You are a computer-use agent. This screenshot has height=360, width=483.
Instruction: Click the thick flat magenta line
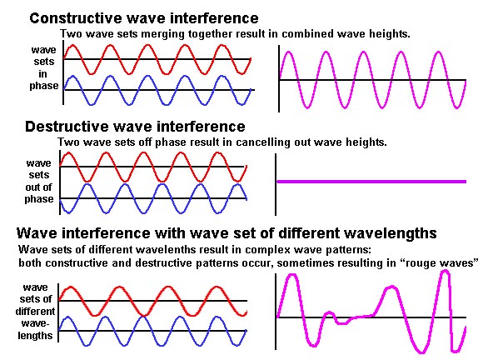(371, 182)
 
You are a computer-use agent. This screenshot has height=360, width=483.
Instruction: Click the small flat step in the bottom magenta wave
(342, 323)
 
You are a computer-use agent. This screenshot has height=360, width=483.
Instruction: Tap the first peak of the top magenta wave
(289, 52)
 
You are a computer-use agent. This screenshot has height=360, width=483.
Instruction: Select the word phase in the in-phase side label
(44, 86)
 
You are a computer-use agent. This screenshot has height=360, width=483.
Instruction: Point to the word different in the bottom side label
(36, 312)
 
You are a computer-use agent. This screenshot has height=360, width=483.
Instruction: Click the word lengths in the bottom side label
(35, 335)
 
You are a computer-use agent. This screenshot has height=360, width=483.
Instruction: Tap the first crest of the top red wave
(72, 46)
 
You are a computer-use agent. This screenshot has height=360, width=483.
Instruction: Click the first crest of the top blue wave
(72, 77)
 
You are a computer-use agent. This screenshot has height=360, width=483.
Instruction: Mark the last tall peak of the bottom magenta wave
(446, 272)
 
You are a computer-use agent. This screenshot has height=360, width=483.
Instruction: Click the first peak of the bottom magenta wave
(292, 275)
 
